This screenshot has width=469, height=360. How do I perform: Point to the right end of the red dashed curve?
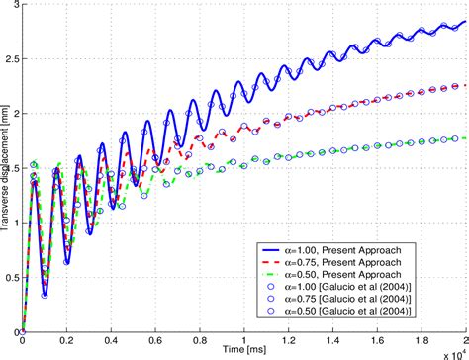(464, 86)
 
